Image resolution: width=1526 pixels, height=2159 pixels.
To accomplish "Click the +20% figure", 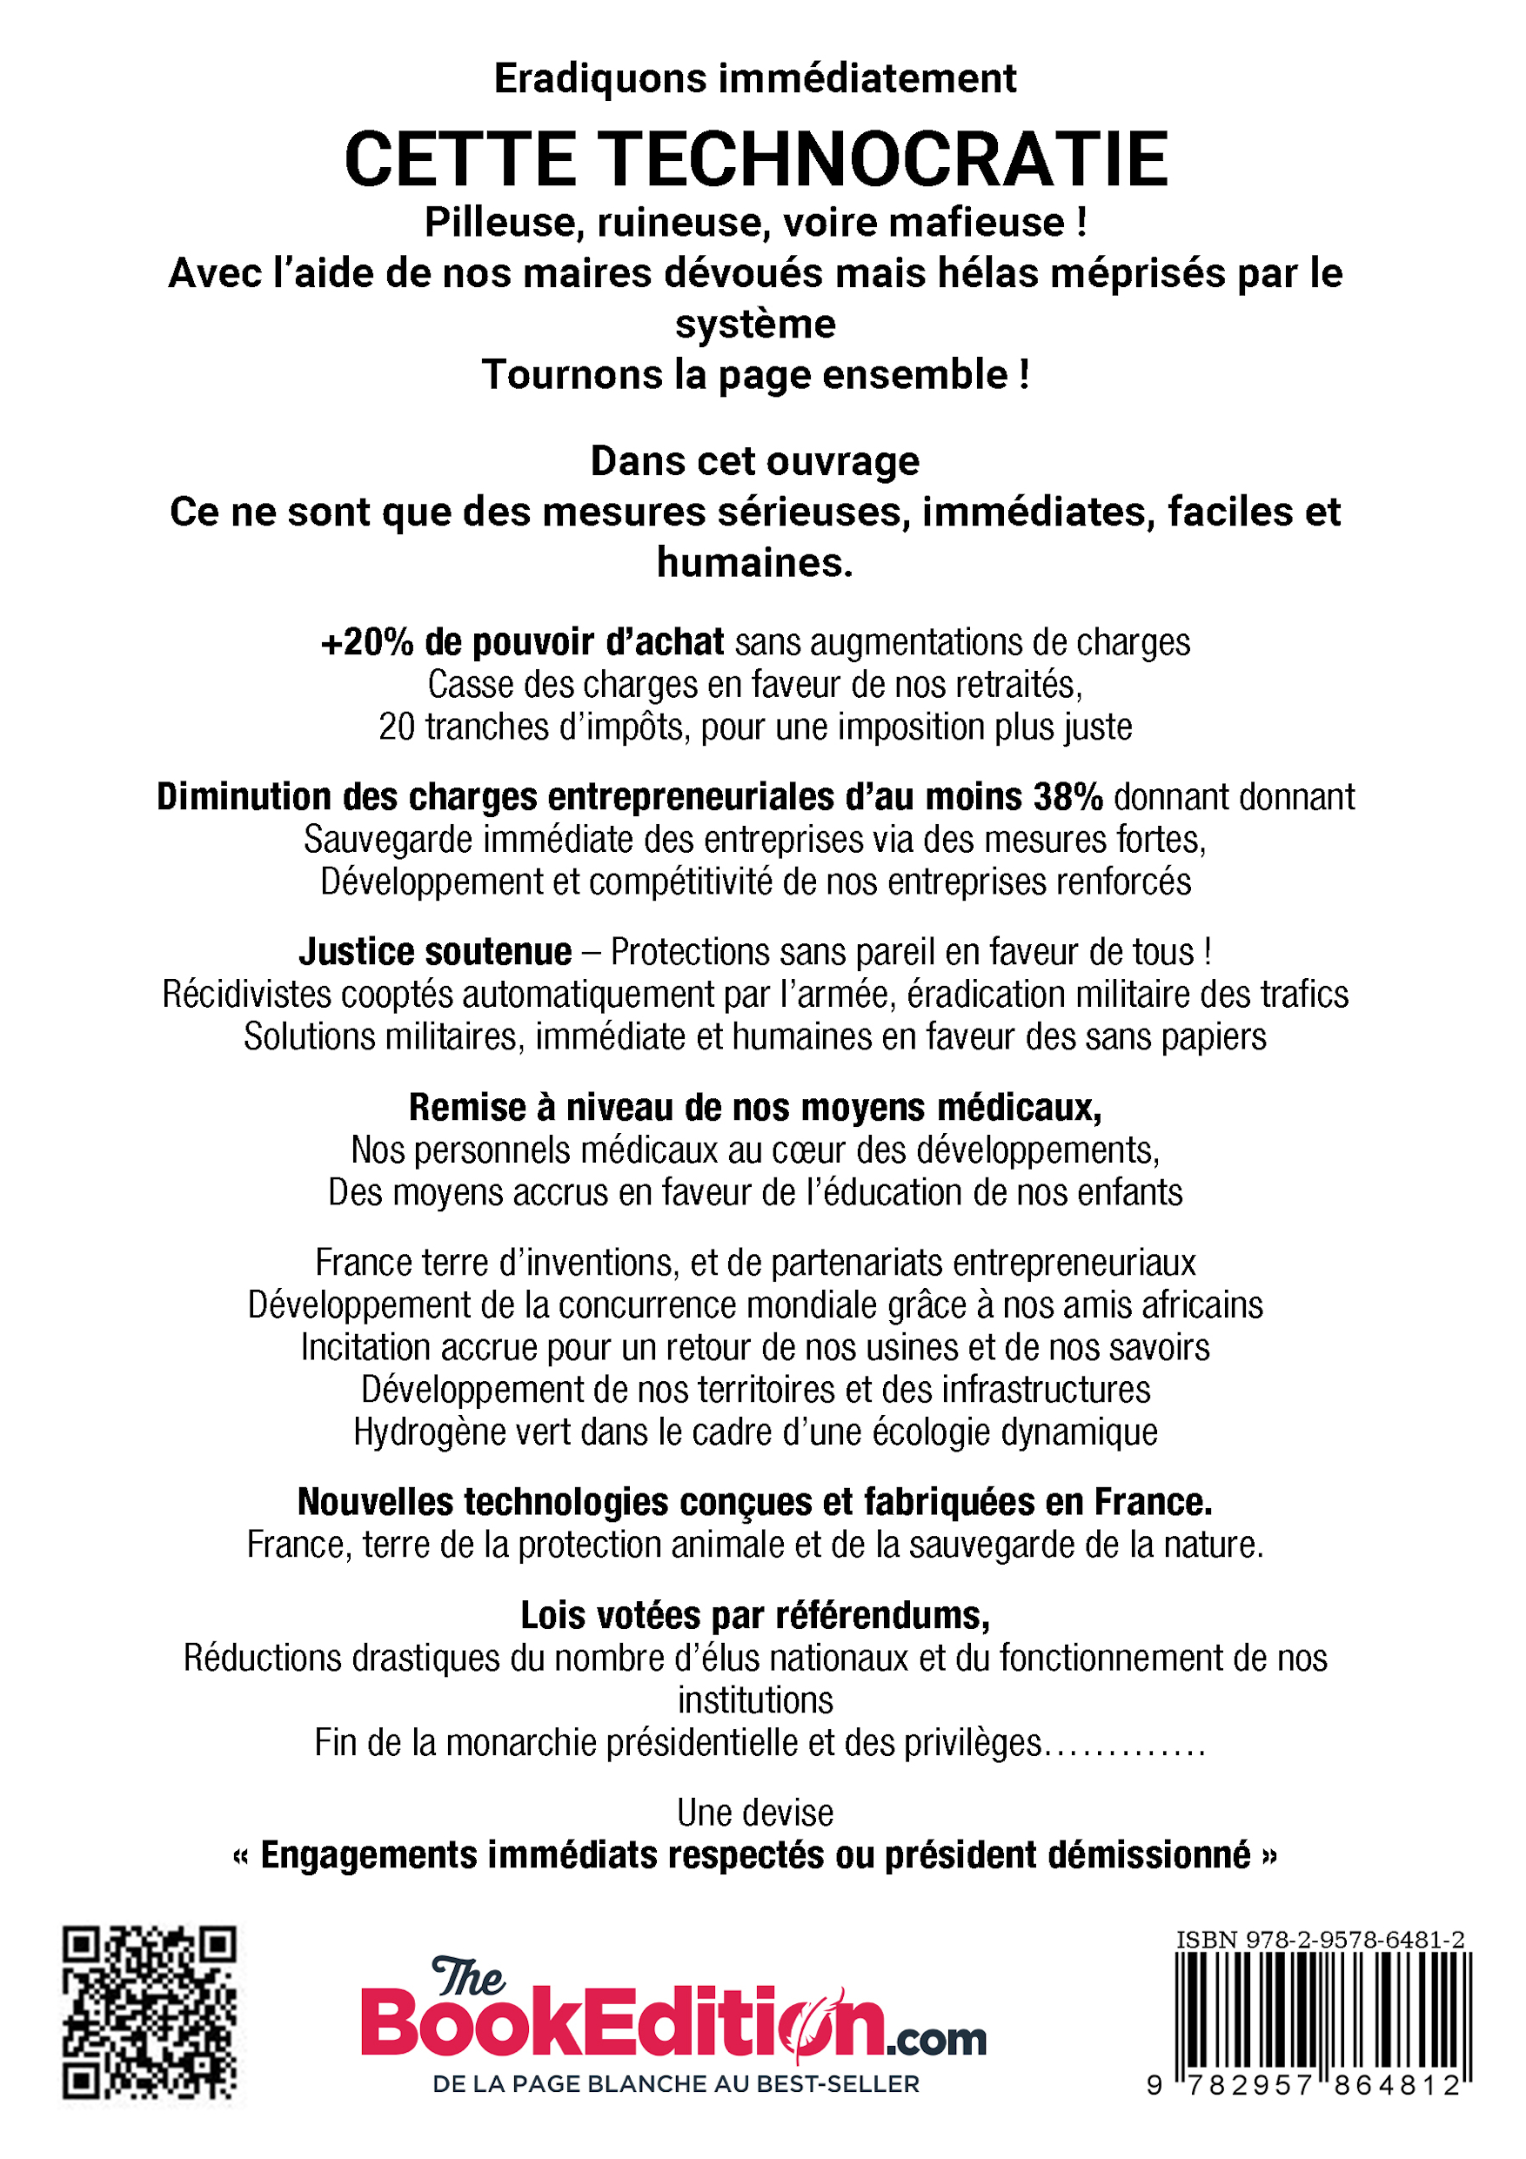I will (x=366, y=642).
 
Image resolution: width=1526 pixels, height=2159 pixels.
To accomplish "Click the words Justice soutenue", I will (x=435, y=953).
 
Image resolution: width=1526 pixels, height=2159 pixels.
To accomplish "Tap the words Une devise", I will (x=755, y=1813).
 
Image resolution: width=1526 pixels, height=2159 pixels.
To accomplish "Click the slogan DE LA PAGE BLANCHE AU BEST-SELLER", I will (x=675, y=2085).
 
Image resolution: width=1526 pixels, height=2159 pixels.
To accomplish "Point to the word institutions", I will (x=755, y=1700).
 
